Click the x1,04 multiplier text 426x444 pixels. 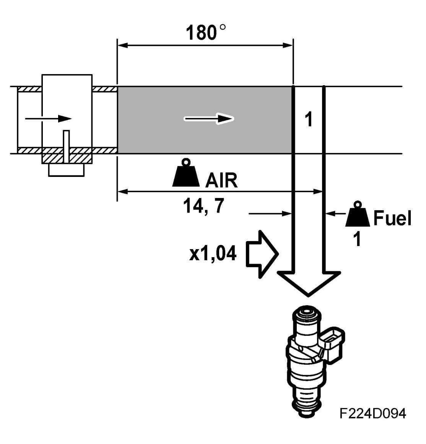pos(212,253)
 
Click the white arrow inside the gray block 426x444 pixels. pos(209,119)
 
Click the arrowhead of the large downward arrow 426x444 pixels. pos(308,282)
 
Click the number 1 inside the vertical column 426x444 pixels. pos(309,120)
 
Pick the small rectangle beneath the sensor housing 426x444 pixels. pos(67,170)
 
